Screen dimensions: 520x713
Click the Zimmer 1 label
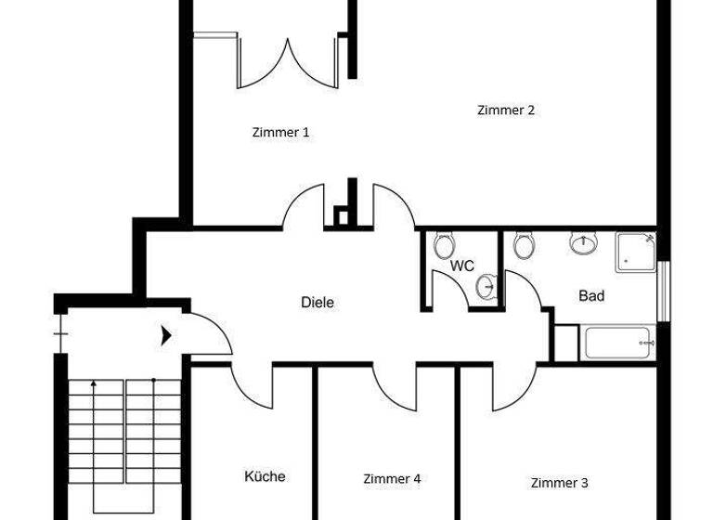pos(280,133)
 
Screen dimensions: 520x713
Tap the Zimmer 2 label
pos(505,110)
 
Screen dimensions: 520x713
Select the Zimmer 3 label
pos(559,483)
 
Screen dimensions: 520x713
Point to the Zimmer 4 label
pos(392,479)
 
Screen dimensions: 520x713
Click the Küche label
pos(265,476)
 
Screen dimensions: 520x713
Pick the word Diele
pos(318,302)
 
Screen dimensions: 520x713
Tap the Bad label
pos(591,296)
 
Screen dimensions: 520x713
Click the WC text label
pos(462,266)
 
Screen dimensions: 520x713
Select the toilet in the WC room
pos(442,246)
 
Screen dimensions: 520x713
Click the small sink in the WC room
pos(485,287)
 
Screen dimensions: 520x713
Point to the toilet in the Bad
pos(525,246)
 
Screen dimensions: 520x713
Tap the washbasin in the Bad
pos(584,244)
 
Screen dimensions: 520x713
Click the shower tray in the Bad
pos(636,252)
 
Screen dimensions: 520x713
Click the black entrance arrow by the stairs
pos(165,334)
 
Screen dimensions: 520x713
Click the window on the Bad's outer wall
pos(663,292)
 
